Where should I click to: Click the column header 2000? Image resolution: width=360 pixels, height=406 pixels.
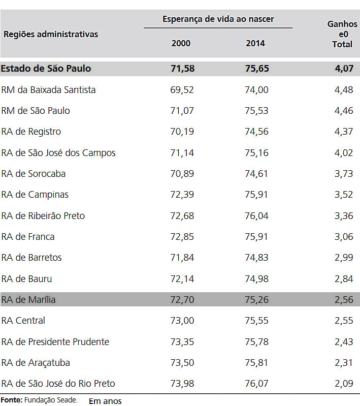pyautogui.click(x=181, y=43)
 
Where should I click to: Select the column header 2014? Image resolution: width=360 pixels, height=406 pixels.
pyautogui.click(x=255, y=43)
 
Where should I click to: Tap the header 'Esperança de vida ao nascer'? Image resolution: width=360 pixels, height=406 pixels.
pyautogui.click(x=218, y=19)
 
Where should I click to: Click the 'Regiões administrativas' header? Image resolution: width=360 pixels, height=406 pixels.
pyautogui.click(x=51, y=34)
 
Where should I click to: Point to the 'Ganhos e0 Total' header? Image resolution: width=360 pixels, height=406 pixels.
pyautogui.click(x=342, y=34)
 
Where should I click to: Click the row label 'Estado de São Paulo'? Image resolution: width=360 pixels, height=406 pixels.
pyautogui.click(x=46, y=69)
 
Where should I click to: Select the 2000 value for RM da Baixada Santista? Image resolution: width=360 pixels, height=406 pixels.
pyautogui.click(x=182, y=90)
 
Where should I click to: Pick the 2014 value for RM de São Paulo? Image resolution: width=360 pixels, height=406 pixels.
pyautogui.click(x=256, y=111)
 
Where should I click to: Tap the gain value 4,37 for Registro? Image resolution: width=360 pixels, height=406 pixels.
pyautogui.click(x=344, y=132)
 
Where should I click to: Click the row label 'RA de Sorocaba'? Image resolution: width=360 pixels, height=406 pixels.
pyautogui.click(x=34, y=174)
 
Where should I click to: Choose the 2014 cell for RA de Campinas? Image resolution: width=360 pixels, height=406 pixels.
pyautogui.click(x=256, y=195)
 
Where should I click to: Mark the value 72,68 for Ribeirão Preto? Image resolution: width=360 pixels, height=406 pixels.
pyautogui.click(x=182, y=216)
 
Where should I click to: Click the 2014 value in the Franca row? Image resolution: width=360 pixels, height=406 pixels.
pyautogui.click(x=256, y=237)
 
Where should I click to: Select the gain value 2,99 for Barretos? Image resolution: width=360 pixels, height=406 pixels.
pyautogui.click(x=344, y=258)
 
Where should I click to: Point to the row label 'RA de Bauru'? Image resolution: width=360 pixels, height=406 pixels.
pyautogui.click(x=26, y=279)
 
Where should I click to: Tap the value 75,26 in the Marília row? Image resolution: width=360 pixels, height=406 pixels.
pyautogui.click(x=256, y=300)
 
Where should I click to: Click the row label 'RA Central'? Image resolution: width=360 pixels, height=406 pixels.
pyautogui.click(x=23, y=321)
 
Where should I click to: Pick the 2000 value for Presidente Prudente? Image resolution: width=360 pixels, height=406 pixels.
pyautogui.click(x=182, y=342)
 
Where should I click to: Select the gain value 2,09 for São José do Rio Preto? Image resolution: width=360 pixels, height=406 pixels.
pyautogui.click(x=344, y=384)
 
